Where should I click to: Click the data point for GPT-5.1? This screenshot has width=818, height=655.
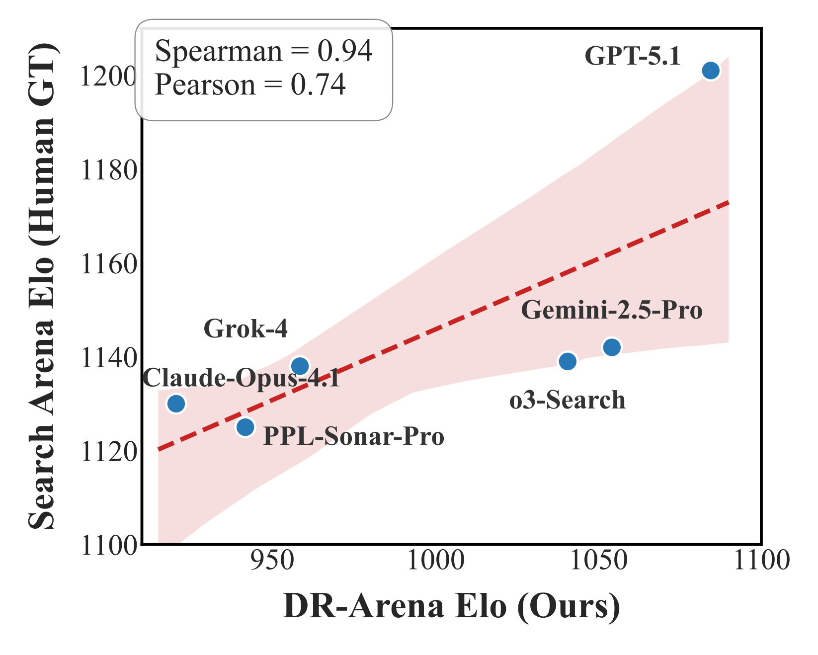(711, 71)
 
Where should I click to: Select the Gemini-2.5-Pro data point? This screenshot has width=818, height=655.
(612, 347)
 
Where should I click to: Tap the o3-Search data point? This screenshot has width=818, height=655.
(568, 361)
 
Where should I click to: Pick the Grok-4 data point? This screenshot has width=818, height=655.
(300, 366)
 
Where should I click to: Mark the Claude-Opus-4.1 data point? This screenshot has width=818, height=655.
(176, 404)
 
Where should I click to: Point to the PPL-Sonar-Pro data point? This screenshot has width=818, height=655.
(245, 427)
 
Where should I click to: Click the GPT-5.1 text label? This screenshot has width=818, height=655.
(632, 56)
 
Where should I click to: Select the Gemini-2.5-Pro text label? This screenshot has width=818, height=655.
(611, 311)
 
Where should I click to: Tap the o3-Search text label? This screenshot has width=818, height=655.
(567, 400)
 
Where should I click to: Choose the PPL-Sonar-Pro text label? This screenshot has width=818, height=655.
(353, 437)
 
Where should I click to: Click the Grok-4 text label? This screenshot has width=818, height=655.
(245, 329)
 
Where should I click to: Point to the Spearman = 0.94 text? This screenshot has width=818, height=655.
(263, 51)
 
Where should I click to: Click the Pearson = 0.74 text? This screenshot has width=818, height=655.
(250, 85)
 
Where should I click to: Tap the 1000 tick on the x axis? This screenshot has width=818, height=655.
(436, 561)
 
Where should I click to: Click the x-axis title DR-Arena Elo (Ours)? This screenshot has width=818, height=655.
(451, 606)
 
